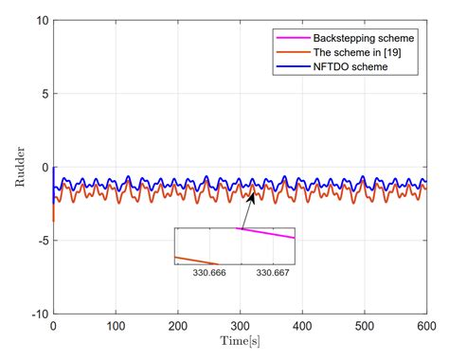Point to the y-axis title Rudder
point(20,168)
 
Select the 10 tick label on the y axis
point(39,20)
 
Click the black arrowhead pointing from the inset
point(252,196)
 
